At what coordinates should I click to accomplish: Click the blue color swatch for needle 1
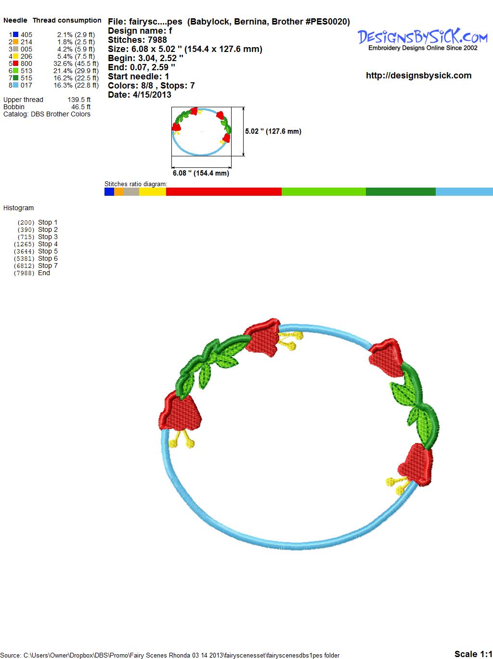15,35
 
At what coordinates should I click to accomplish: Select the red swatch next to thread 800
15,63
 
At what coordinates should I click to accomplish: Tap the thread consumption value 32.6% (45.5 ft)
76,63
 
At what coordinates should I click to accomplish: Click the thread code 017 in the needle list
26,85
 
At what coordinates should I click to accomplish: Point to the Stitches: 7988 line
137,40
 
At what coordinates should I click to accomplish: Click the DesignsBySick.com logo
422,39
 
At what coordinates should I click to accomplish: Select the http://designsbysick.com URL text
418,76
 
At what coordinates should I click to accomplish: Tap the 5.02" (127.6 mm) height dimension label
273,131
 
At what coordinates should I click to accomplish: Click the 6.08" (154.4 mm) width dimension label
201,173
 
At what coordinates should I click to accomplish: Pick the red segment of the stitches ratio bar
224,191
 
